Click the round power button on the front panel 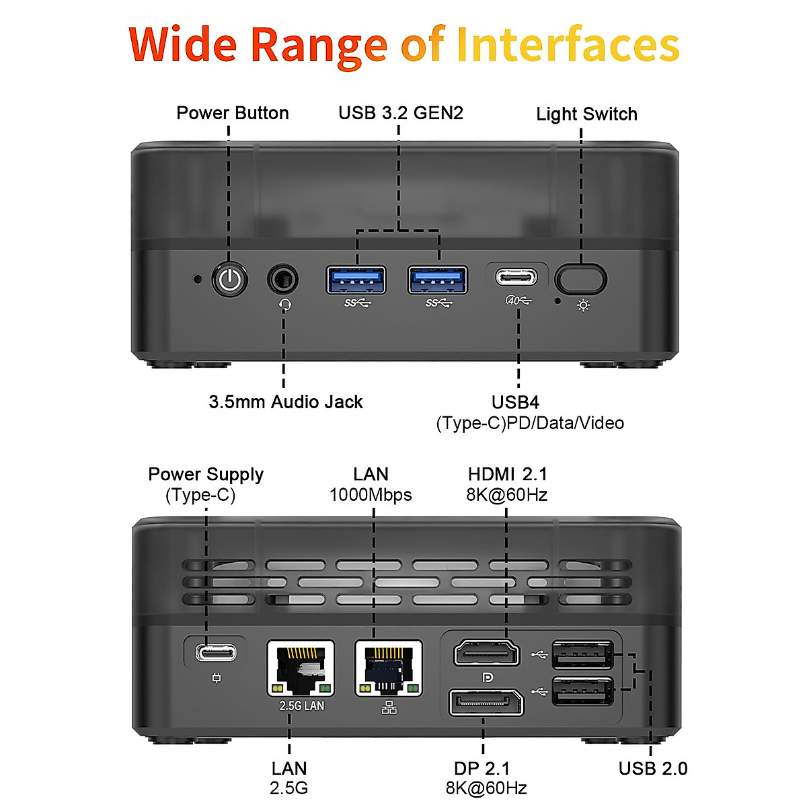coord(230,280)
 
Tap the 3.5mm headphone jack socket coord(283,278)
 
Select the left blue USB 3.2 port coord(356,280)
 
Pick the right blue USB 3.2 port coord(438,280)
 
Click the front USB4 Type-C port coord(516,277)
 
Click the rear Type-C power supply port coord(216,652)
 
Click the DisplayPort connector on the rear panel coord(486,703)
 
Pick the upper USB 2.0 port coord(582,655)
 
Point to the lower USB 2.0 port coord(582,691)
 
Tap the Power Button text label coord(233,113)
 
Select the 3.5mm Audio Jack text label coord(286,402)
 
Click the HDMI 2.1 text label coord(507,474)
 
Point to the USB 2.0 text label coord(653,769)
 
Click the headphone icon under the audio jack coord(285,304)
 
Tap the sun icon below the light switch coord(583,306)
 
